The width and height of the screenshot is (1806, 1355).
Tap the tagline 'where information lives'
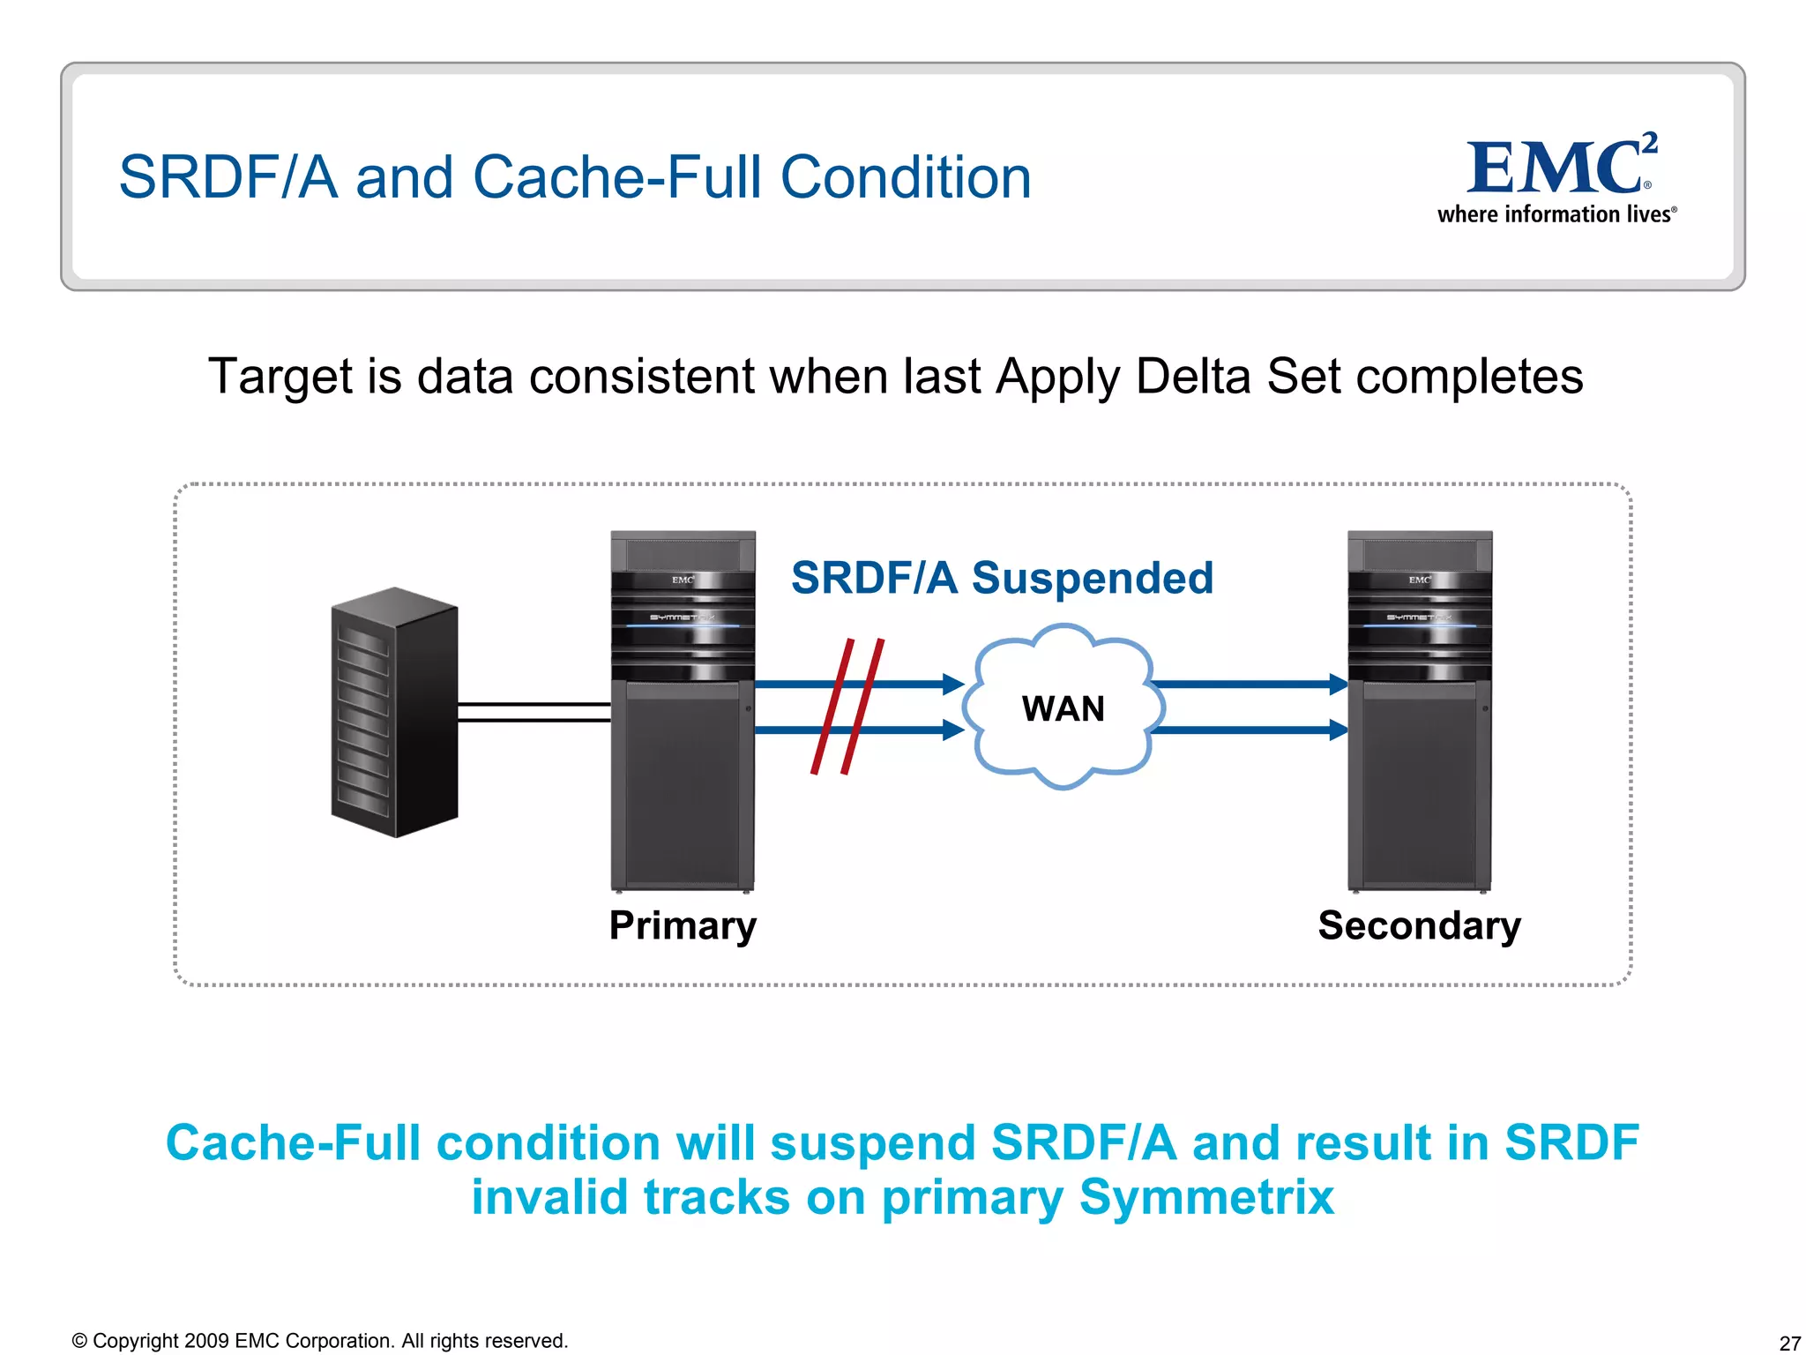click(x=1556, y=214)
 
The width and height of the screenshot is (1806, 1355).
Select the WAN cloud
click(x=1063, y=707)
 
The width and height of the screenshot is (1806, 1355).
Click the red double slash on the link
click(x=847, y=707)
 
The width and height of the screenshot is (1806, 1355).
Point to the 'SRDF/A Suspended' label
click(x=1002, y=578)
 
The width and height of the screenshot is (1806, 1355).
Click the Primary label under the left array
click(x=683, y=925)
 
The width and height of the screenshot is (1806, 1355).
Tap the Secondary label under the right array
click(x=1419, y=925)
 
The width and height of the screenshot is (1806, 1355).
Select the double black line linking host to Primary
click(x=534, y=712)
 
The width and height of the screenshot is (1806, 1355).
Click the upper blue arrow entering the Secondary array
click(x=1249, y=684)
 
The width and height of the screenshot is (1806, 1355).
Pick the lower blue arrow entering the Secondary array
click(x=1249, y=730)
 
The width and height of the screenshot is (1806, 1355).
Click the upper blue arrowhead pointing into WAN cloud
click(x=953, y=684)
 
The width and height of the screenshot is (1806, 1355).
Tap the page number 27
click(x=1789, y=1343)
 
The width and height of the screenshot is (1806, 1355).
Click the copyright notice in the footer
click(x=319, y=1341)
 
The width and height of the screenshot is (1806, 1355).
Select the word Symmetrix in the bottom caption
click(x=1205, y=1197)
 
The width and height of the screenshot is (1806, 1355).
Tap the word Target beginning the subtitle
click(x=280, y=377)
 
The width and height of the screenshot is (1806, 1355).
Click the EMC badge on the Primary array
click(x=683, y=580)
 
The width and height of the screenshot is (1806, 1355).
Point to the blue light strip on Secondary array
click(x=1419, y=625)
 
